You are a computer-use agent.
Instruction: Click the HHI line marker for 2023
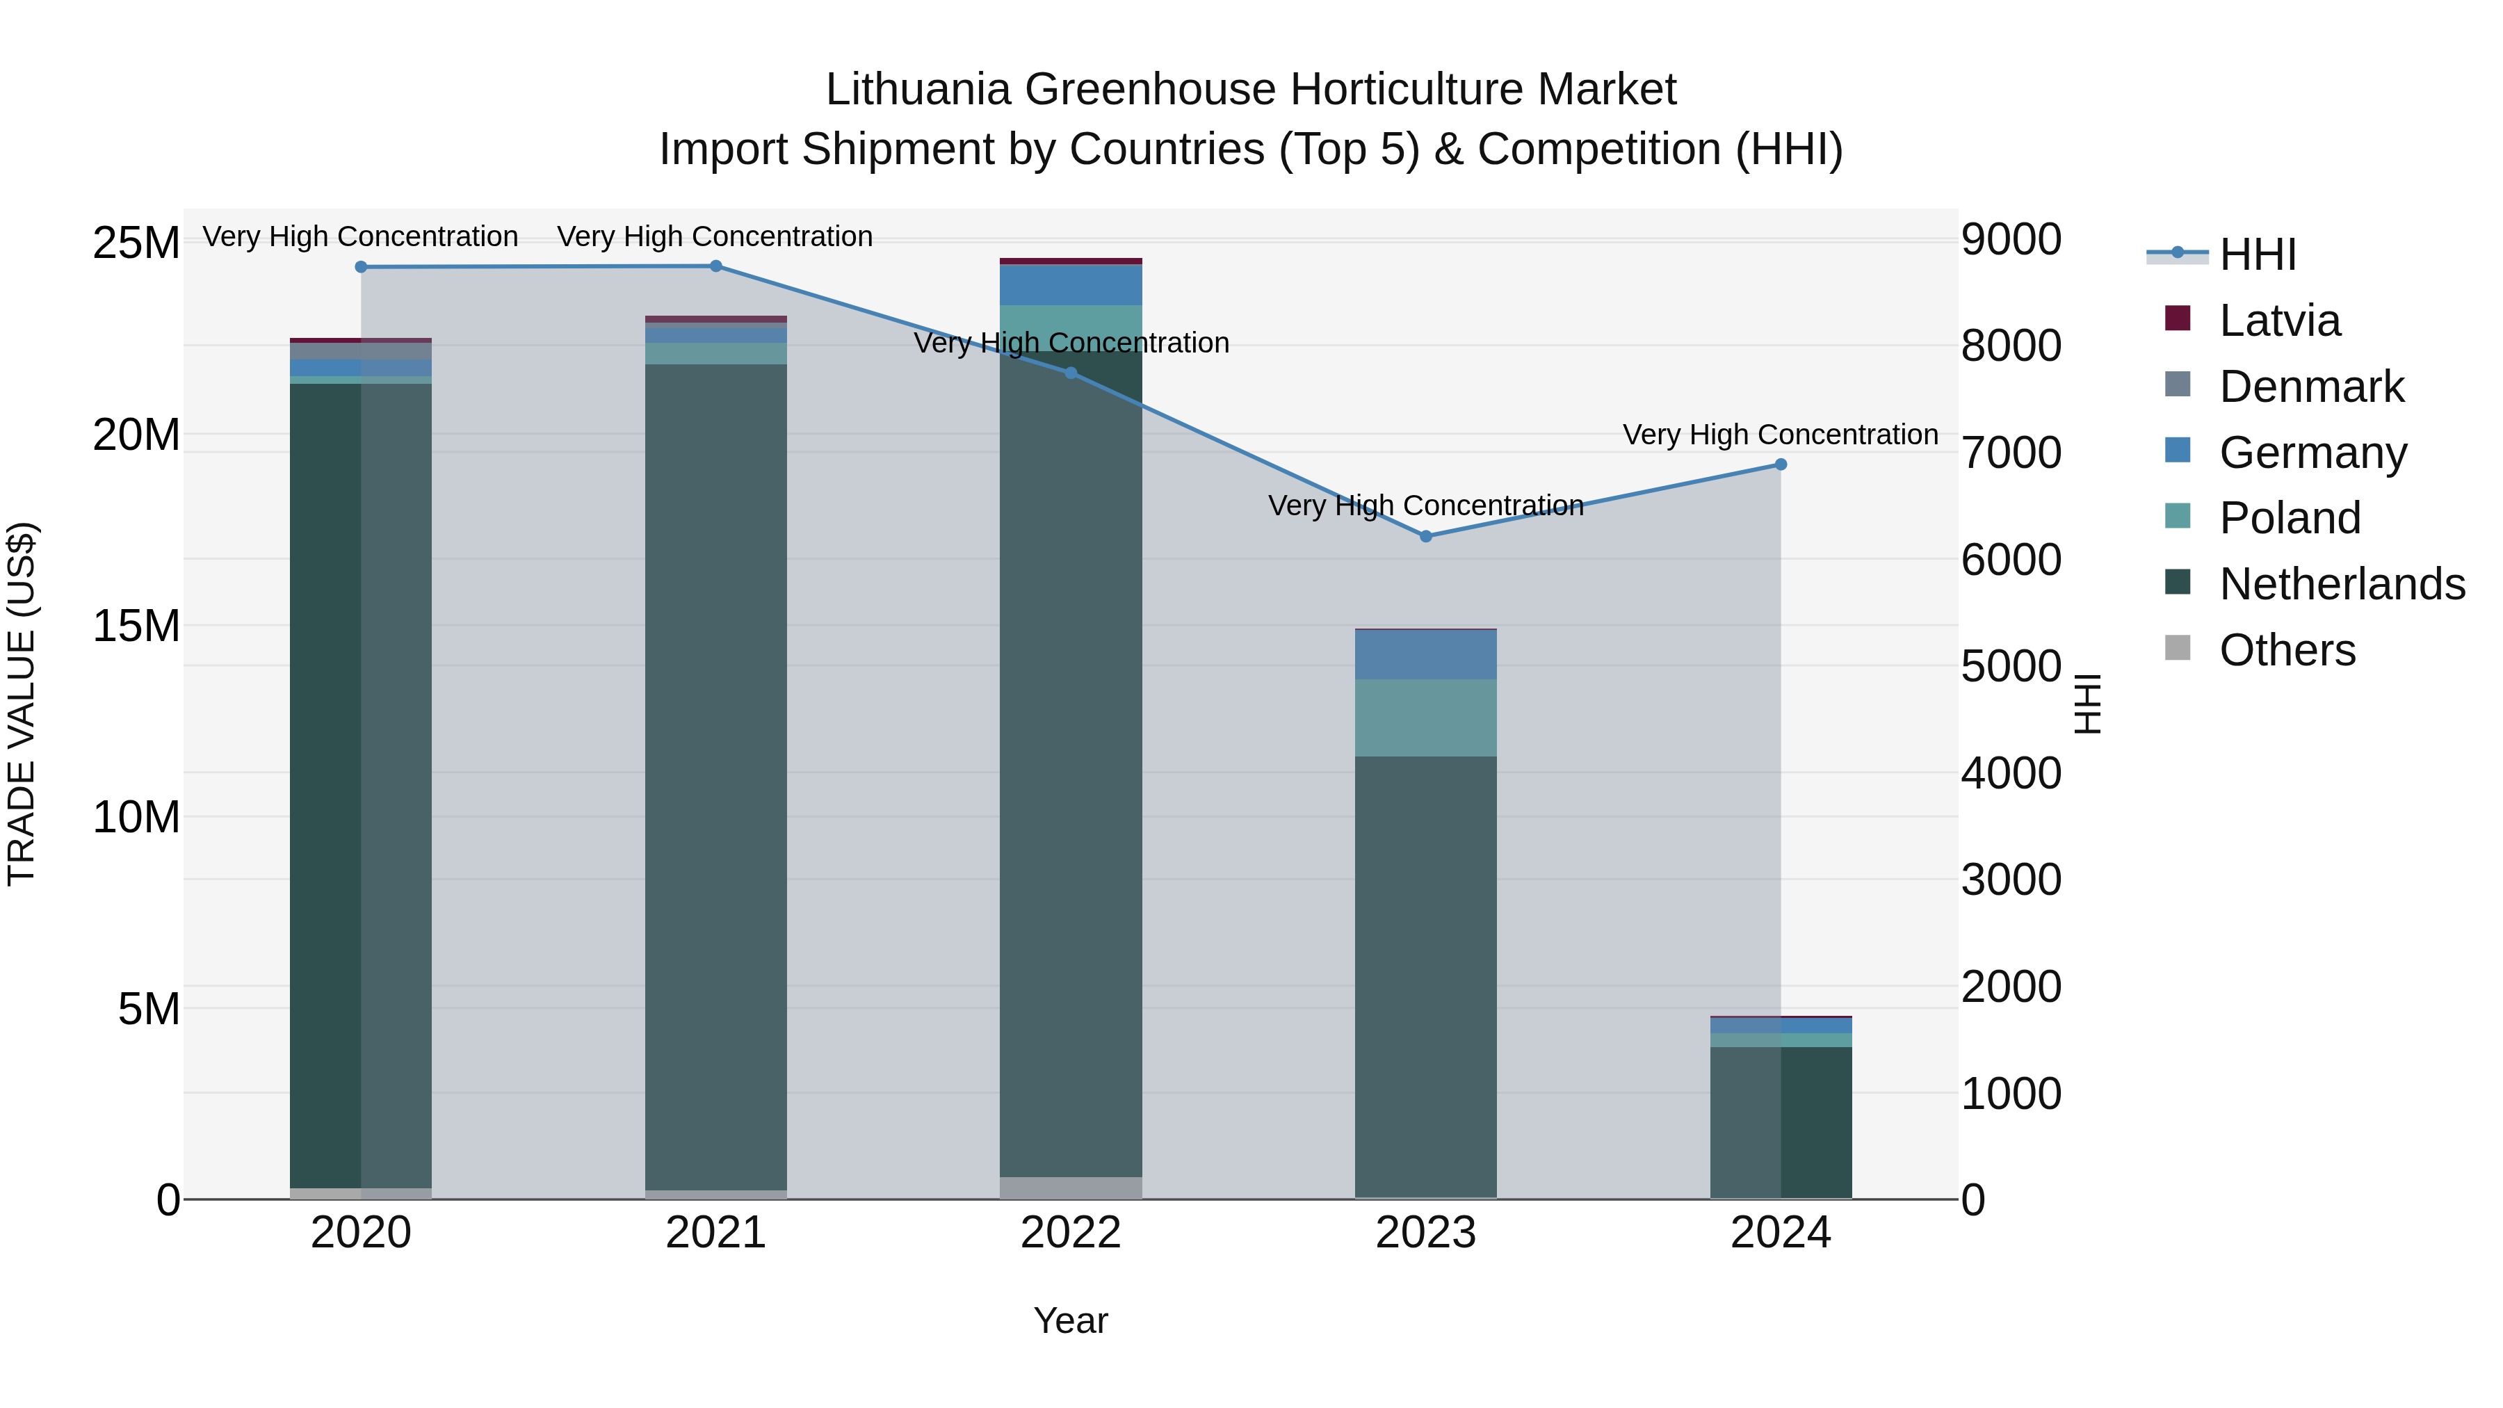pyautogui.click(x=1425, y=536)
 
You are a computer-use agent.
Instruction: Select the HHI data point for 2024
pyautogui.click(x=1780, y=464)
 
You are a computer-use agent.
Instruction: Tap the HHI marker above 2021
pyautogui.click(x=715, y=266)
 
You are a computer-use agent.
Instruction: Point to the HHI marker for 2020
pyautogui.click(x=360, y=267)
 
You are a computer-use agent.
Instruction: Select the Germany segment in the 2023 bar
pyautogui.click(x=1425, y=655)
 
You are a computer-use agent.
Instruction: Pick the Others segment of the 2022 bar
pyautogui.click(x=1071, y=1188)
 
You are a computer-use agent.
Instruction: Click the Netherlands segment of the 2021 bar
pyautogui.click(x=715, y=777)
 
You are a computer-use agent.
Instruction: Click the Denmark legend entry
pyautogui.click(x=2310, y=387)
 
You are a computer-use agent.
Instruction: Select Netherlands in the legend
pyautogui.click(x=2342, y=584)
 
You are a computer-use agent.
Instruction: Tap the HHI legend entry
pyautogui.click(x=2257, y=254)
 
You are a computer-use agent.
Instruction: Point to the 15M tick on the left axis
pyautogui.click(x=136, y=626)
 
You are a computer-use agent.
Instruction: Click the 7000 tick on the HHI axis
pyautogui.click(x=2010, y=454)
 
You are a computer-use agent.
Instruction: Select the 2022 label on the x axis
pyautogui.click(x=1071, y=1233)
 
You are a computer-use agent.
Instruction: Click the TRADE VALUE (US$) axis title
pyautogui.click(x=22, y=704)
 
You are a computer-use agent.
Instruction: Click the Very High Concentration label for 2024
pyautogui.click(x=1780, y=435)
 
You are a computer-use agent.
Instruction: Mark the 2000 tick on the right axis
pyautogui.click(x=2010, y=987)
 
